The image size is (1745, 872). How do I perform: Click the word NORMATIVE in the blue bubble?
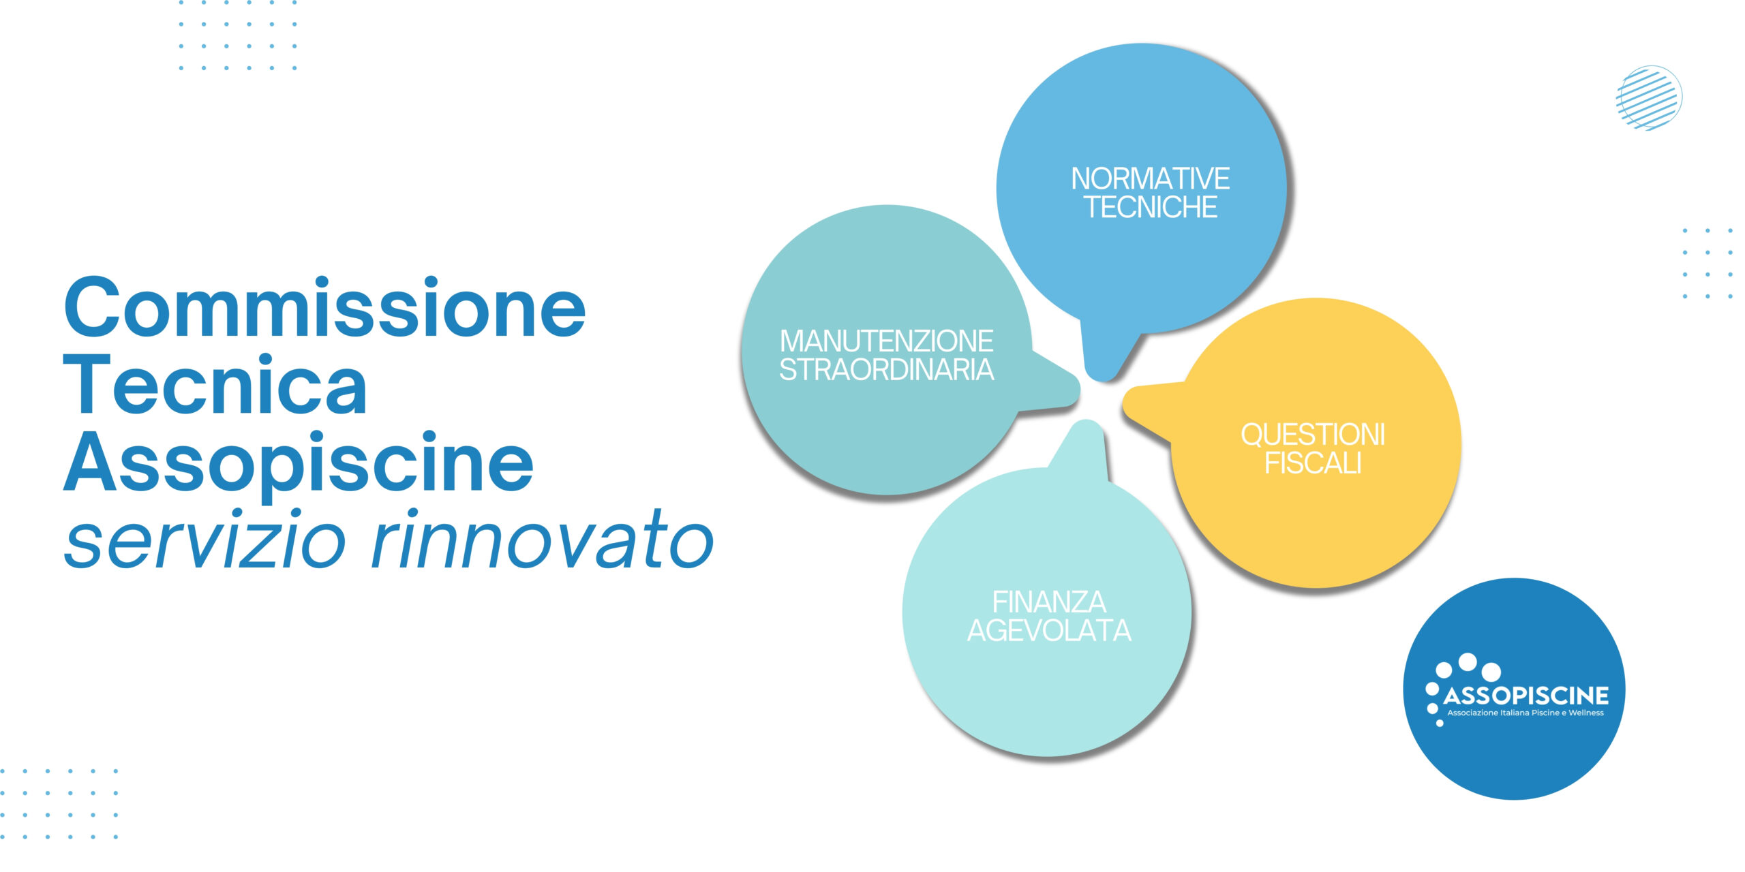click(x=1151, y=179)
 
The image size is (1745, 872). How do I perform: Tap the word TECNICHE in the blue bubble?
click(x=1151, y=207)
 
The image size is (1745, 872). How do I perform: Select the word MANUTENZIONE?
click(x=887, y=341)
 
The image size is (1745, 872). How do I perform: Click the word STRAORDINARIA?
click(x=887, y=369)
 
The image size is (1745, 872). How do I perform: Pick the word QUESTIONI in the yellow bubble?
click(x=1313, y=435)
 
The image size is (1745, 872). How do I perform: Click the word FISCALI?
click(x=1313, y=463)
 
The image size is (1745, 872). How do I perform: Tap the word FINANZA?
click(x=1049, y=602)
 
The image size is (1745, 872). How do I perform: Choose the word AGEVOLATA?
click(x=1049, y=631)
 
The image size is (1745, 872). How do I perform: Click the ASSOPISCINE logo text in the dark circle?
click(x=1526, y=696)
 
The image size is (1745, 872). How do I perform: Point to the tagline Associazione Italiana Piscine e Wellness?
click(x=1526, y=713)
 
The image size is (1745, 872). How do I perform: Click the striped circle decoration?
click(x=1649, y=98)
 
